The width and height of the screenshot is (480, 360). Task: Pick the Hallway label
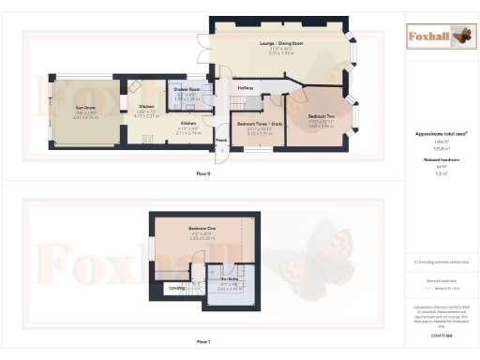246,88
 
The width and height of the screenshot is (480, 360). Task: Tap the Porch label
221,142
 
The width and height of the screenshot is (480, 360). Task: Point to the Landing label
175,287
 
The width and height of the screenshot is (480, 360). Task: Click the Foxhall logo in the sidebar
440,37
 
